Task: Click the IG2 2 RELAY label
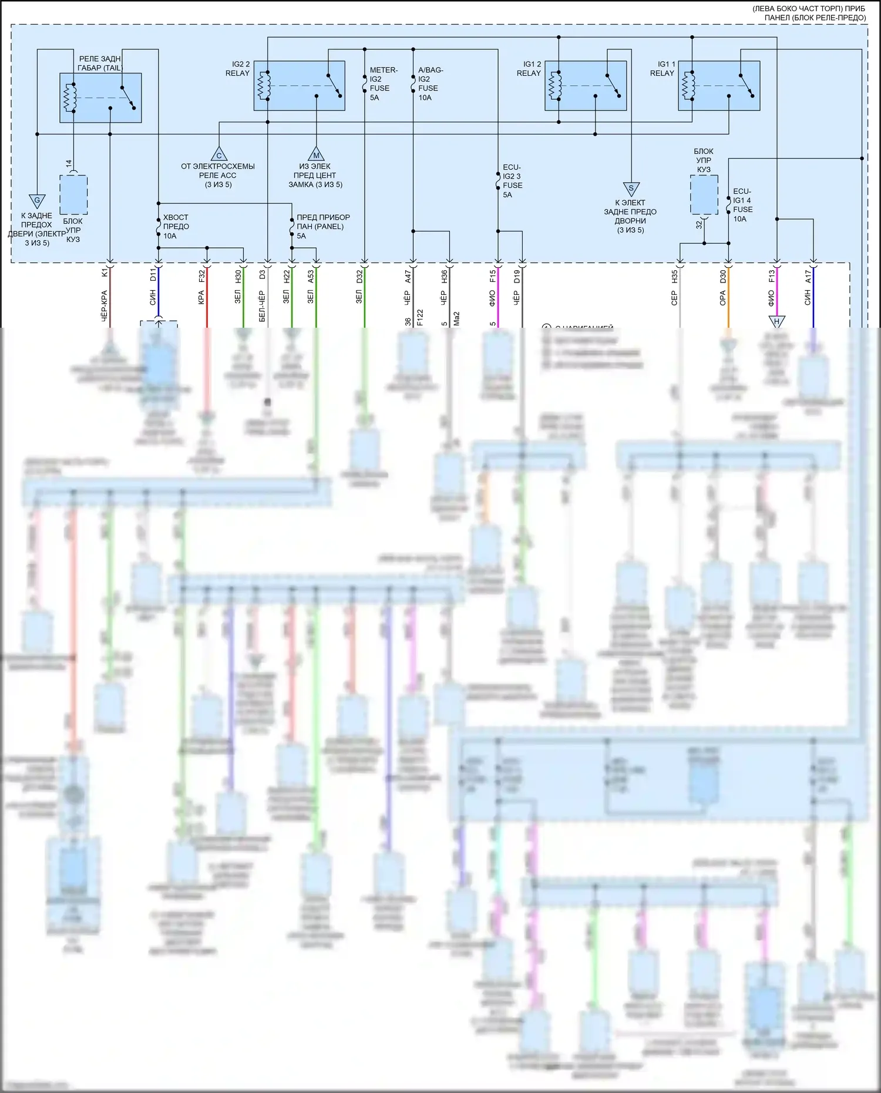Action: pyautogui.click(x=237, y=69)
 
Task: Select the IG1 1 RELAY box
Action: pyautogui.click(x=719, y=86)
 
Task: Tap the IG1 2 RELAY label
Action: pyautogui.click(x=529, y=69)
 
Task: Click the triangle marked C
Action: pyautogui.click(x=219, y=154)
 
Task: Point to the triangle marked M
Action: pyautogui.click(x=316, y=154)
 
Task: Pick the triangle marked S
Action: pyautogui.click(x=631, y=189)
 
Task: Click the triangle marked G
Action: pyautogui.click(x=37, y=201)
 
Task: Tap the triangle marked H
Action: pyautogui.click(x=776, y=321)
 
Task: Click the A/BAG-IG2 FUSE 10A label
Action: pyautogui.click(x=430, y=84)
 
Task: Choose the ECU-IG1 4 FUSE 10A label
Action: pyautogui.click(x=742, y=205)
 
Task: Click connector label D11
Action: pyautogui.click(x=153, y=274)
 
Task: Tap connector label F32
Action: pyautogui.click(x=201, y=275)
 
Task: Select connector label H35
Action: pyautogui.click(x=674, y=275)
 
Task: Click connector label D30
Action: pyautogui.click(x=723, y=275)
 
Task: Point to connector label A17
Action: pyautogui.click(x=808, y=275)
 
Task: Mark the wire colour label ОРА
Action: pyautogui.click(x=723, y=298)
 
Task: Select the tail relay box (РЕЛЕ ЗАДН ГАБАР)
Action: pyautogui.click(x=100, y=97)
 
